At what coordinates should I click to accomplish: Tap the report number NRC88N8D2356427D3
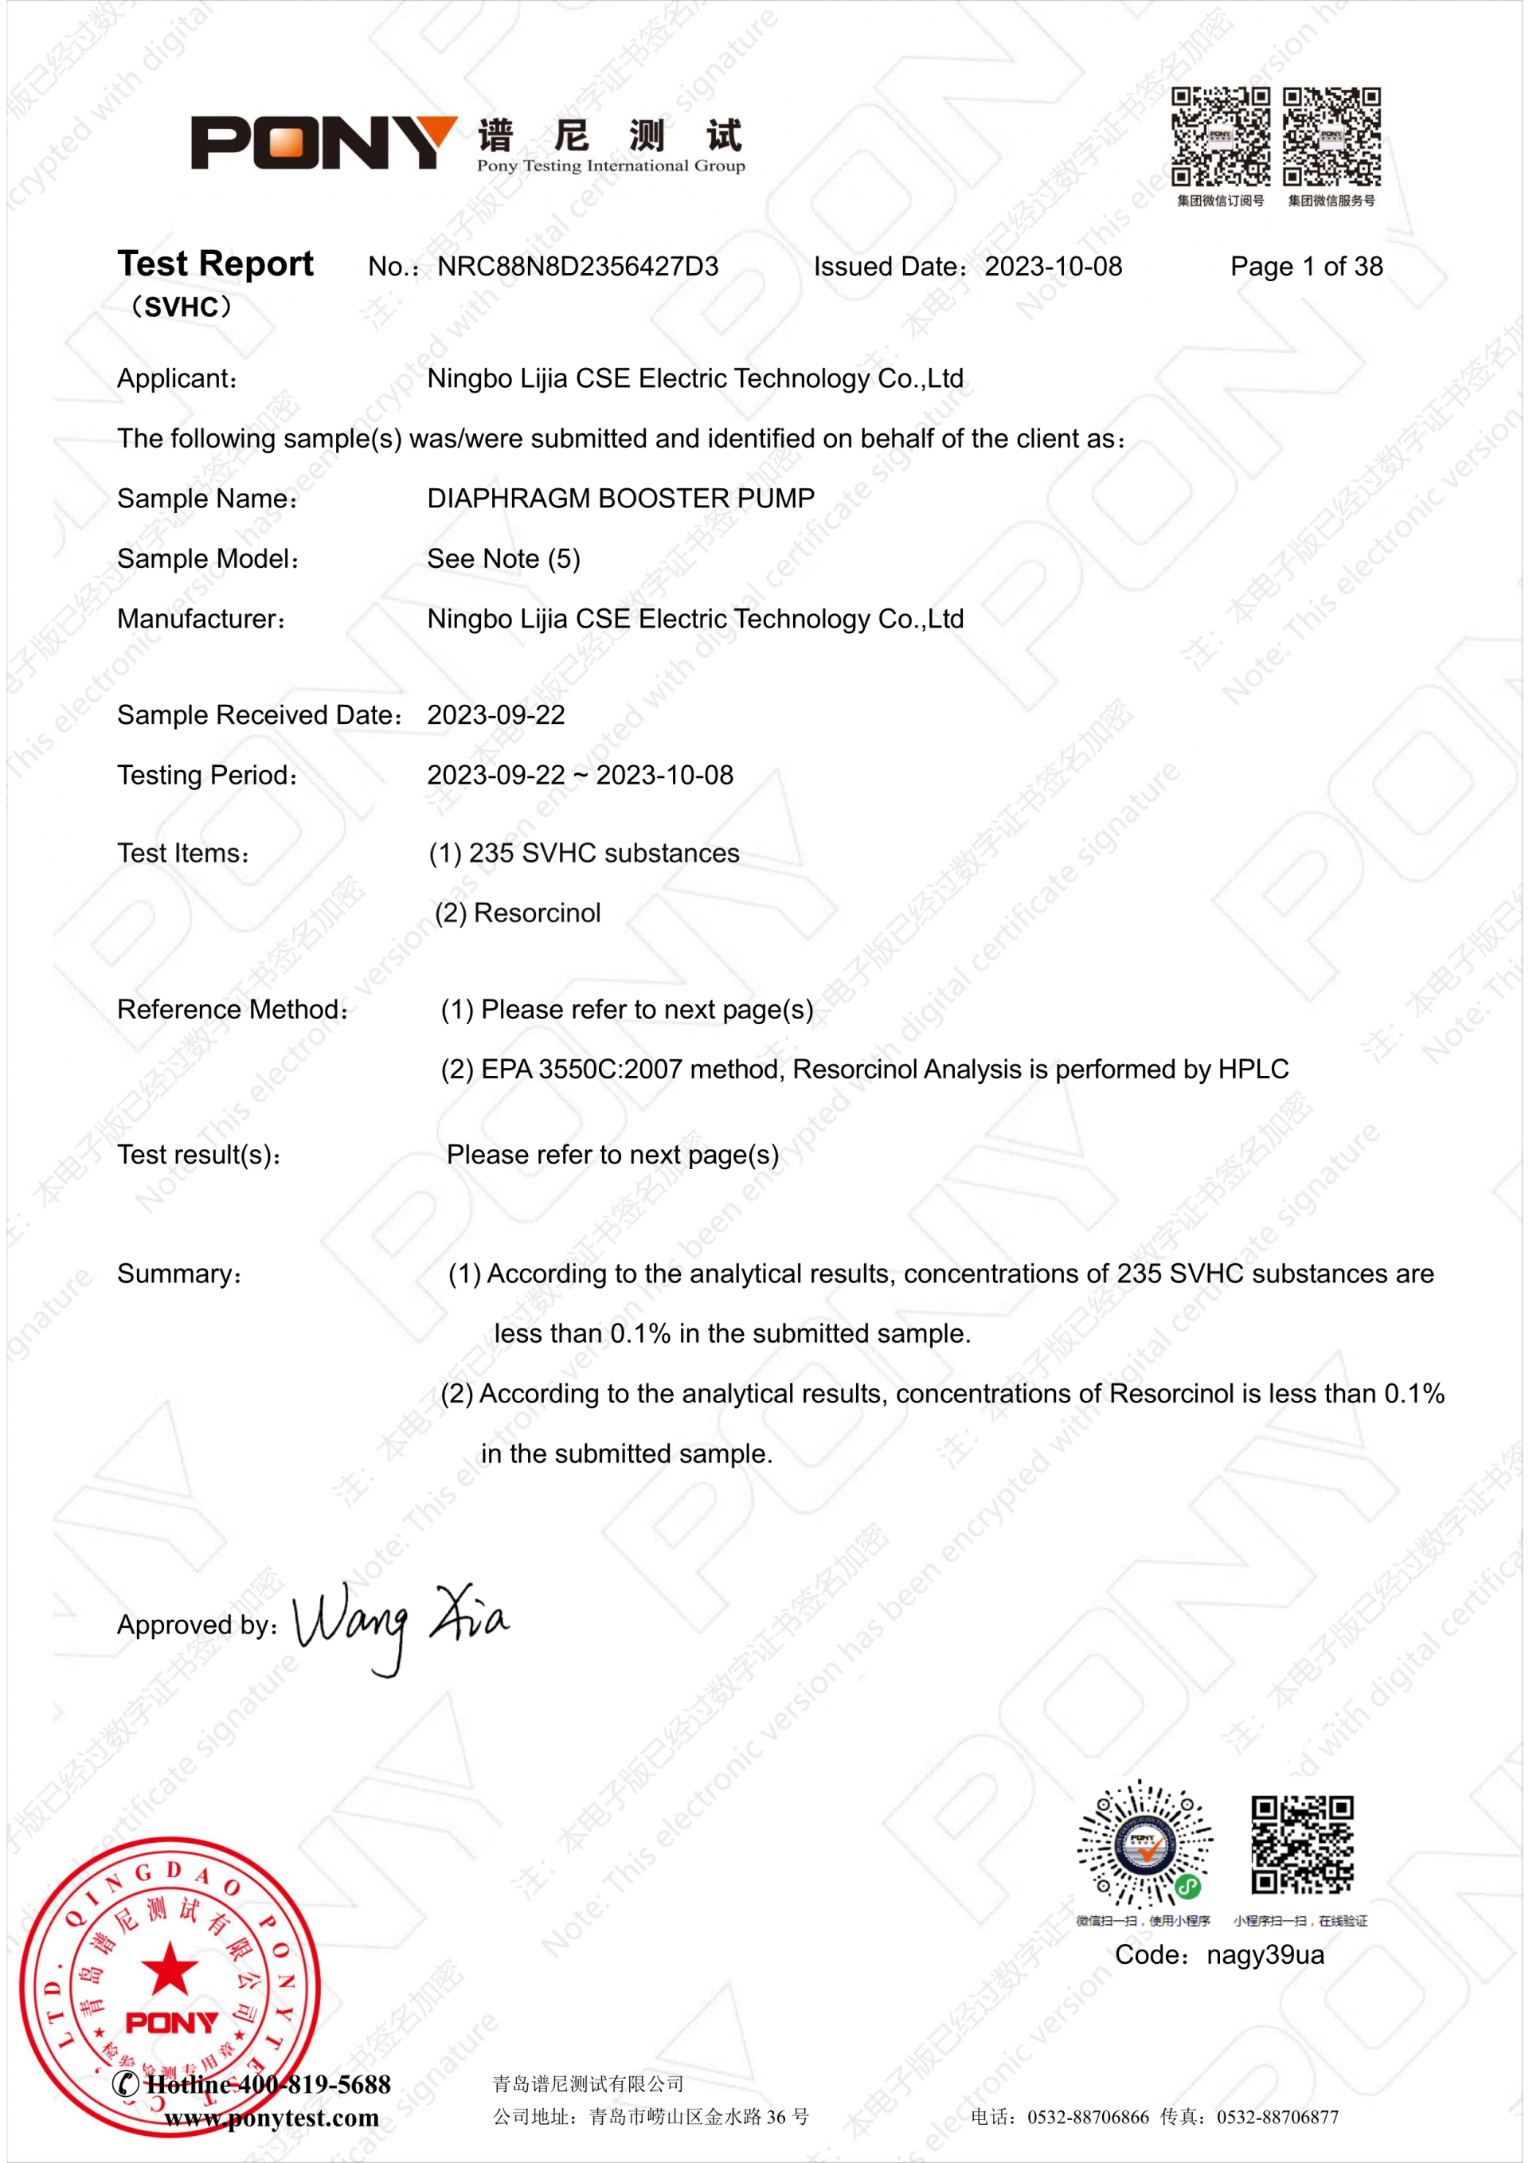(x=577, y=267)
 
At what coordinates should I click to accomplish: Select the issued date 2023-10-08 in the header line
(x=1054, y=267)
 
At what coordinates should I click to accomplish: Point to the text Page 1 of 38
(x=1306, y=267)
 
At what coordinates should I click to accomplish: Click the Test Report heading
(x=215, y=264)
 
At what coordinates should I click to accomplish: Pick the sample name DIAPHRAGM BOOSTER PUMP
(x=621, y=499)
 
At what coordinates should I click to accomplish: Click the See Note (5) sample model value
(x=503, y=558)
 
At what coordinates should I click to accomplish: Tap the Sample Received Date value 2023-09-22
(x=495, y=715)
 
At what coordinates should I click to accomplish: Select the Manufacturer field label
(x=201, y=619)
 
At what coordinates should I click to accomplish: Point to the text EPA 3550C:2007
(x=581, y=1070)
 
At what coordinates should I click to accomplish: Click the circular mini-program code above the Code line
(x=1144, y=1844)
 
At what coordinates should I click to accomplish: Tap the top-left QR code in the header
(x=1220, y=137)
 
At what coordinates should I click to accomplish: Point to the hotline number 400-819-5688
(x=314, y=2085)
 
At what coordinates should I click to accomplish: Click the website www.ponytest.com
(x=272, y=2118)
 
